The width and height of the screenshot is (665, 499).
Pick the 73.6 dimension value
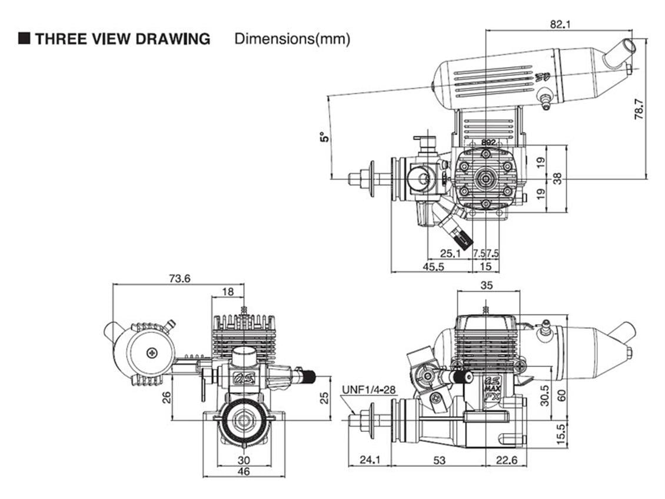pos(179,279)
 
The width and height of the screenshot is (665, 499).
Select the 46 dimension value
pos(243,471)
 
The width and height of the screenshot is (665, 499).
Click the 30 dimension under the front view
pos(243,460)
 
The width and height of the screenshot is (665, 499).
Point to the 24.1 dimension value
pos(370,460)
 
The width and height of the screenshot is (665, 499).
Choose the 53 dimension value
pos(439,460)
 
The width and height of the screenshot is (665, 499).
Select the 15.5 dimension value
pos(561,435)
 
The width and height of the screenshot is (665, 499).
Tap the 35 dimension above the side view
pos(487,285)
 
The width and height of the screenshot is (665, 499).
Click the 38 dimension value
pos(557,178)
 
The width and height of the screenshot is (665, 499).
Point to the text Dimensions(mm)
pos(292,39)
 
